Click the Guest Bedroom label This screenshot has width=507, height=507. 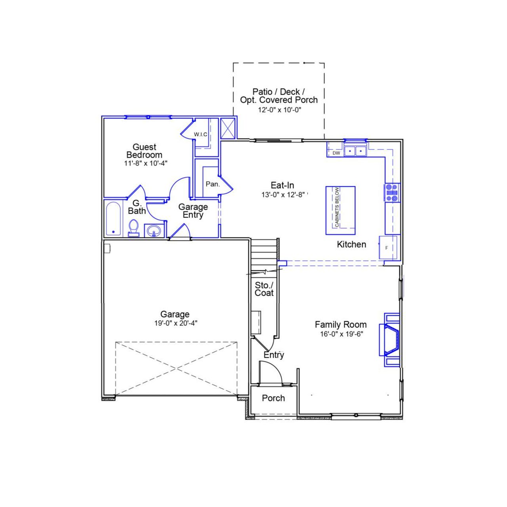click(x=144, y=151)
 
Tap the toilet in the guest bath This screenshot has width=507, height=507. click(x=134, y=228)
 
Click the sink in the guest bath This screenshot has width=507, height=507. click(x=154, y=231)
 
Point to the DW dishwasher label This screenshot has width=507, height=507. click(x=336, y=153)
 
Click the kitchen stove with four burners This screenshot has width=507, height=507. click(x=392, y=193)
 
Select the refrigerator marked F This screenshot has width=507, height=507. click(x=388, y=248)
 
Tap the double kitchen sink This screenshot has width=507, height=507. click(x=355, y=151)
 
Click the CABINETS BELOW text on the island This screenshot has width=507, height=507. click(x=337, y=207)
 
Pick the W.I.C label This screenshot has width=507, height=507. click(x=200, y=134)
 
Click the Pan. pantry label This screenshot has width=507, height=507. click(x=213, y=184)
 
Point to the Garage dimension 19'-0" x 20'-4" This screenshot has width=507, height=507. click(x=175, y=323)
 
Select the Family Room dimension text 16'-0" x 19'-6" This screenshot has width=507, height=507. click(x=341, y=334)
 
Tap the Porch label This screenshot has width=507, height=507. click(x=273, y=398)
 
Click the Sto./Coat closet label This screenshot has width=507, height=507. click(x=264, y=289)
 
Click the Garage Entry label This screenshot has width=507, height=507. click(x=193, y=211)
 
